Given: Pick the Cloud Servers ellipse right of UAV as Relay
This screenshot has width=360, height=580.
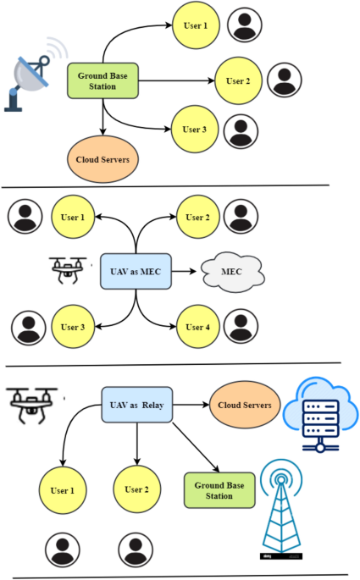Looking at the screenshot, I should tap(244, 406).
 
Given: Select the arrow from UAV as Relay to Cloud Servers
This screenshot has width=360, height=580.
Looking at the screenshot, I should tap(191, 406).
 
